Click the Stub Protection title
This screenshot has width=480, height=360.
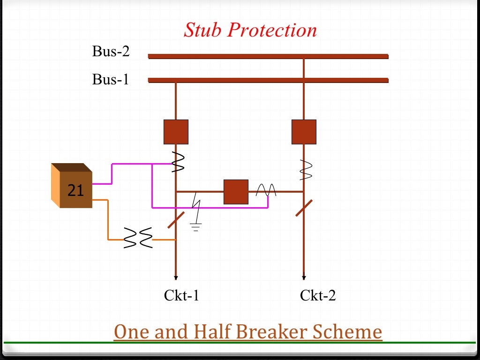click(250, 30)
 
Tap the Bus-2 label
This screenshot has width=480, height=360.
click(111, 51)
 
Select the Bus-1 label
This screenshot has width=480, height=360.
click(111, 79)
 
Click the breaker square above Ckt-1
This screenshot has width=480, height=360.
click(176, 132)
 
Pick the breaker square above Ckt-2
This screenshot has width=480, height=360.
click(304, 132)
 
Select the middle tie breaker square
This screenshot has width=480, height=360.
click(236, 192)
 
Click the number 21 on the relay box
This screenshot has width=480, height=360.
click(75, 190)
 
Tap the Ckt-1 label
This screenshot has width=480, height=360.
click(182, 295)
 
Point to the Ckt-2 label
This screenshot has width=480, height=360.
click(318, 295)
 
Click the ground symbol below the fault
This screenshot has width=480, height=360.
click(196, 227)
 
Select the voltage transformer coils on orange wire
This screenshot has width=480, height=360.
click(138, 238)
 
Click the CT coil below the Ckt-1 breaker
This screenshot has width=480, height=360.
click(179, 162)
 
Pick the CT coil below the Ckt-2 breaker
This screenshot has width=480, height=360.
click(305, 170)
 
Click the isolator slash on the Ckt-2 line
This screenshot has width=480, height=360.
click(304, 208)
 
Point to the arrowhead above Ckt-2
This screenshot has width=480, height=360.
click(304, 277)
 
